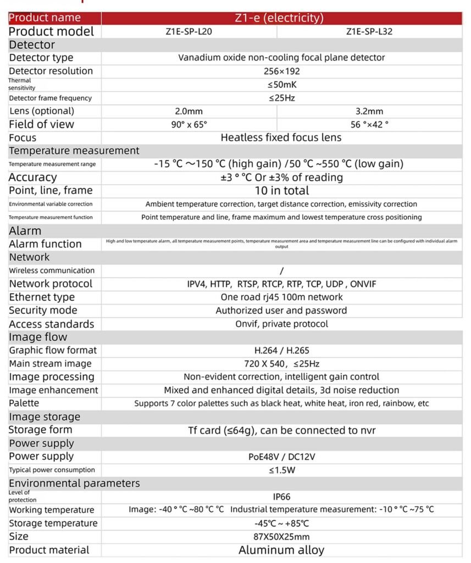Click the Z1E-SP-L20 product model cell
tap(189, 32)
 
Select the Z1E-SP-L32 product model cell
tap(369, 32)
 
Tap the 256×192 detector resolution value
tap(281, 71)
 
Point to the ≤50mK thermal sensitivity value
tap(281, 85)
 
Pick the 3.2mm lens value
tap(369, 111)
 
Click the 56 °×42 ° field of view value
tap(369, 124)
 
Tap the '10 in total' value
tap(281, 191)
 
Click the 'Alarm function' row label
tap(45, 244)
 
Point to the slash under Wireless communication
tap(281, 271)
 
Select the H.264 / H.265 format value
tap(281, 350)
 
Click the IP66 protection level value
tap(281, 496)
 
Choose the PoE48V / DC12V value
tap(281, 456)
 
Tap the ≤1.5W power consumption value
tap(281, 470)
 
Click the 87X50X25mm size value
tap(281, 537)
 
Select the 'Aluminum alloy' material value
tap(281, 550)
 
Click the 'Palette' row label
tap(24, 404)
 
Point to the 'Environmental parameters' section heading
tap(74, 483)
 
